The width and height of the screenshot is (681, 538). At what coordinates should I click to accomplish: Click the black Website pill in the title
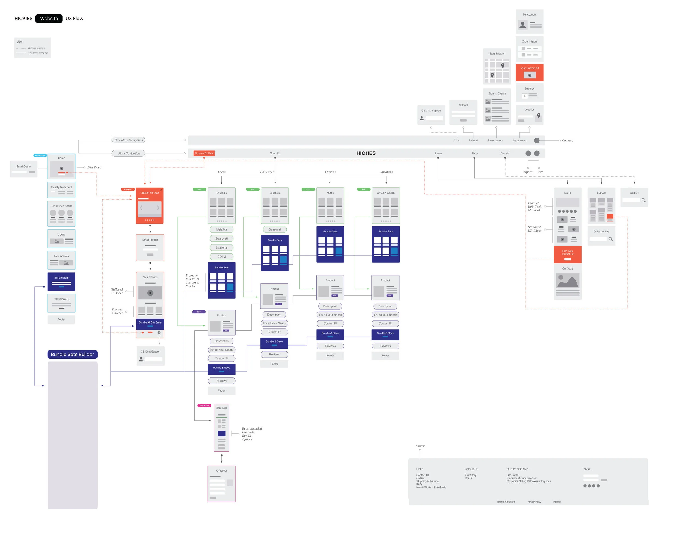click(49, 19)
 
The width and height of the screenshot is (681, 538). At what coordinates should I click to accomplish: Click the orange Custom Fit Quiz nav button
click(204, 153)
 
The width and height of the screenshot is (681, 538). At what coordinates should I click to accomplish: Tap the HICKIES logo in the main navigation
click(366, 153)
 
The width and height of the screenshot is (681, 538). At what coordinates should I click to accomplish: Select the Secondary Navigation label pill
click(129, 140)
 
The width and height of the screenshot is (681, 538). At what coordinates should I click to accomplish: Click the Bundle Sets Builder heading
click(72, 354)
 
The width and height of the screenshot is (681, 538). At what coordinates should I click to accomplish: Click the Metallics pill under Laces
click(221, 230)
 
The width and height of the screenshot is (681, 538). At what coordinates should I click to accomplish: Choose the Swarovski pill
click(221, 239)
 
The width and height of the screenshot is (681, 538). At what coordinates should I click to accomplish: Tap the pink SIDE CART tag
click(204, 406)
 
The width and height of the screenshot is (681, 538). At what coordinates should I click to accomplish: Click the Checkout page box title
click(221, 471)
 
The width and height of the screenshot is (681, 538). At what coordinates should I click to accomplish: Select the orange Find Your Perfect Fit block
click(567, 255)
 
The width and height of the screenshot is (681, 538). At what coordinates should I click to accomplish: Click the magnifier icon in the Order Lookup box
click(610, 239)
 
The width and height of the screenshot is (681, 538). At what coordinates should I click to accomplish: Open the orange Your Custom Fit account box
click(529, 72)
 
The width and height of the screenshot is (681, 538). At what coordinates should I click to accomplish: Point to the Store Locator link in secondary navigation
click(495, 140)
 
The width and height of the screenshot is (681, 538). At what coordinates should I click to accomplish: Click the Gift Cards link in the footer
click(512, 475)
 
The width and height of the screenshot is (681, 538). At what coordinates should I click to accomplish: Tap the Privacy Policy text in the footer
click(534, 502)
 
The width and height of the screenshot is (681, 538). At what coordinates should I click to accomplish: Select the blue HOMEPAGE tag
click(40, 156)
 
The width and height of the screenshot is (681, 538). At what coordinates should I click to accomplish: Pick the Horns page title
click(330, 193)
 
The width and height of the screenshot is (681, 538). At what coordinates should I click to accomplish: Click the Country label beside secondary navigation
click(567, 140)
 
